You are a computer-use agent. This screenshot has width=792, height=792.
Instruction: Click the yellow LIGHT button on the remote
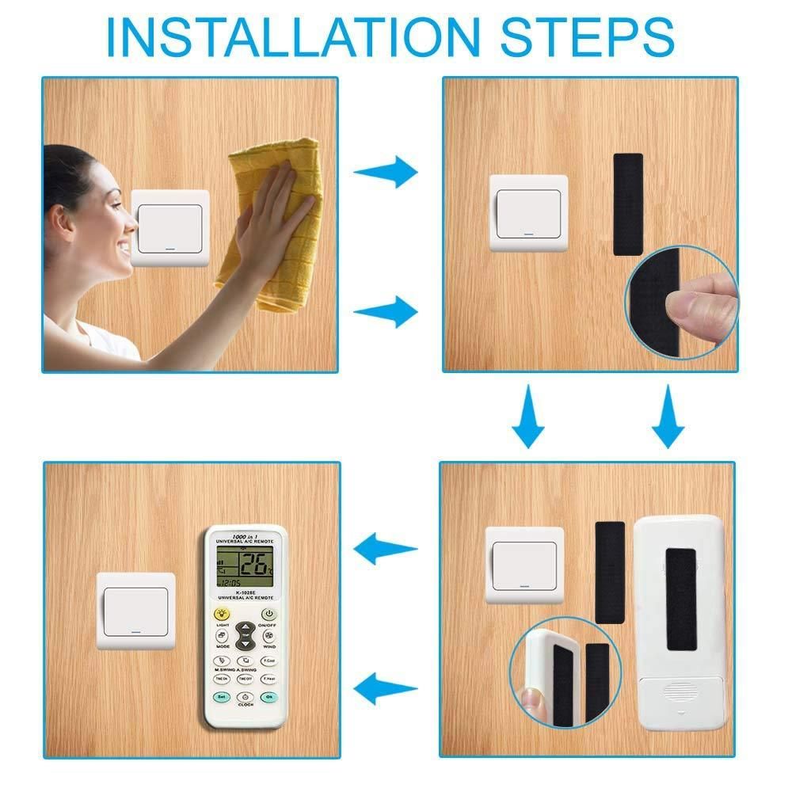coord(222,613)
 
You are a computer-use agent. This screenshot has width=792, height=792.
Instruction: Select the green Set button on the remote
coord(222,697)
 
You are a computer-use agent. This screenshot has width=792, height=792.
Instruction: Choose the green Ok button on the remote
coord(269,697)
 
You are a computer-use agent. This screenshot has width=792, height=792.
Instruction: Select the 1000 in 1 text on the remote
coord(245,533)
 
